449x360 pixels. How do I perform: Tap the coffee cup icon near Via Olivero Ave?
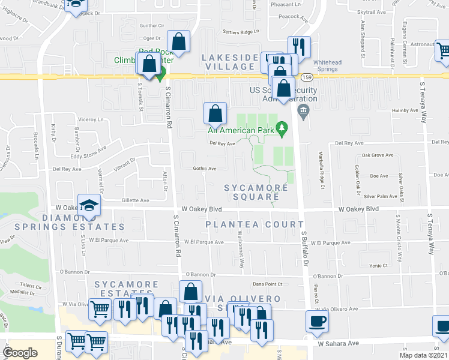[316, 320]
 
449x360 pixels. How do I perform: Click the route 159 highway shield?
[306, 77]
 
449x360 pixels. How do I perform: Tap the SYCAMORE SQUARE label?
[256, 193]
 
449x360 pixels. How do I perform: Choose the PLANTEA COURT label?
[255, 224]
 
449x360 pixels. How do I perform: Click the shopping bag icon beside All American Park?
[215, 112]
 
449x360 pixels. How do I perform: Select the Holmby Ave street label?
[404, 110]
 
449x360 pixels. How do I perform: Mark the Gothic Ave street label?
[204, 169]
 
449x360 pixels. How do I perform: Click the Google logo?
[20, 353]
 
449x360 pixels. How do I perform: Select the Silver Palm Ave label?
[380, 196]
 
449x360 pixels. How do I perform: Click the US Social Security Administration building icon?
[303, 109]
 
